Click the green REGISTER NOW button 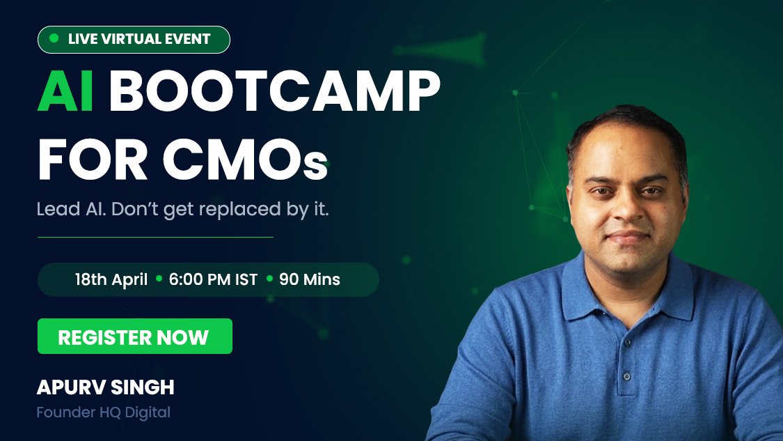coord(135,336)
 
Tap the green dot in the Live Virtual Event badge coord(54,38)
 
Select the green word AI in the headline coord(65,91)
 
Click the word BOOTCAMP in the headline coord(274,91)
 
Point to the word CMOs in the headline coord(245,160)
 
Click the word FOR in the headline coord(93,160)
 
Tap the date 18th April coord(111,279)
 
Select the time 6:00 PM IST coord(213,279)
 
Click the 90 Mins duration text coord(310,279)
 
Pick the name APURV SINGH coord(105,387)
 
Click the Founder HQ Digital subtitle coord(104,412)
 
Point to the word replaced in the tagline coord(238,209)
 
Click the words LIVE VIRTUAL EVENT coord(139,39)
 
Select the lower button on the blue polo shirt coord(626,376)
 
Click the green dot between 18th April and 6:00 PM coord(159,279)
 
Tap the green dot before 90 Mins coord(269,279)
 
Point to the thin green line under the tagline coord(155,237)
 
